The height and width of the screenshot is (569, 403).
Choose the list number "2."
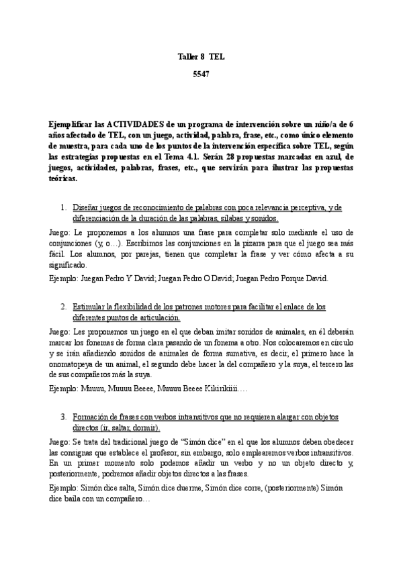click(x=64, y=307)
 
